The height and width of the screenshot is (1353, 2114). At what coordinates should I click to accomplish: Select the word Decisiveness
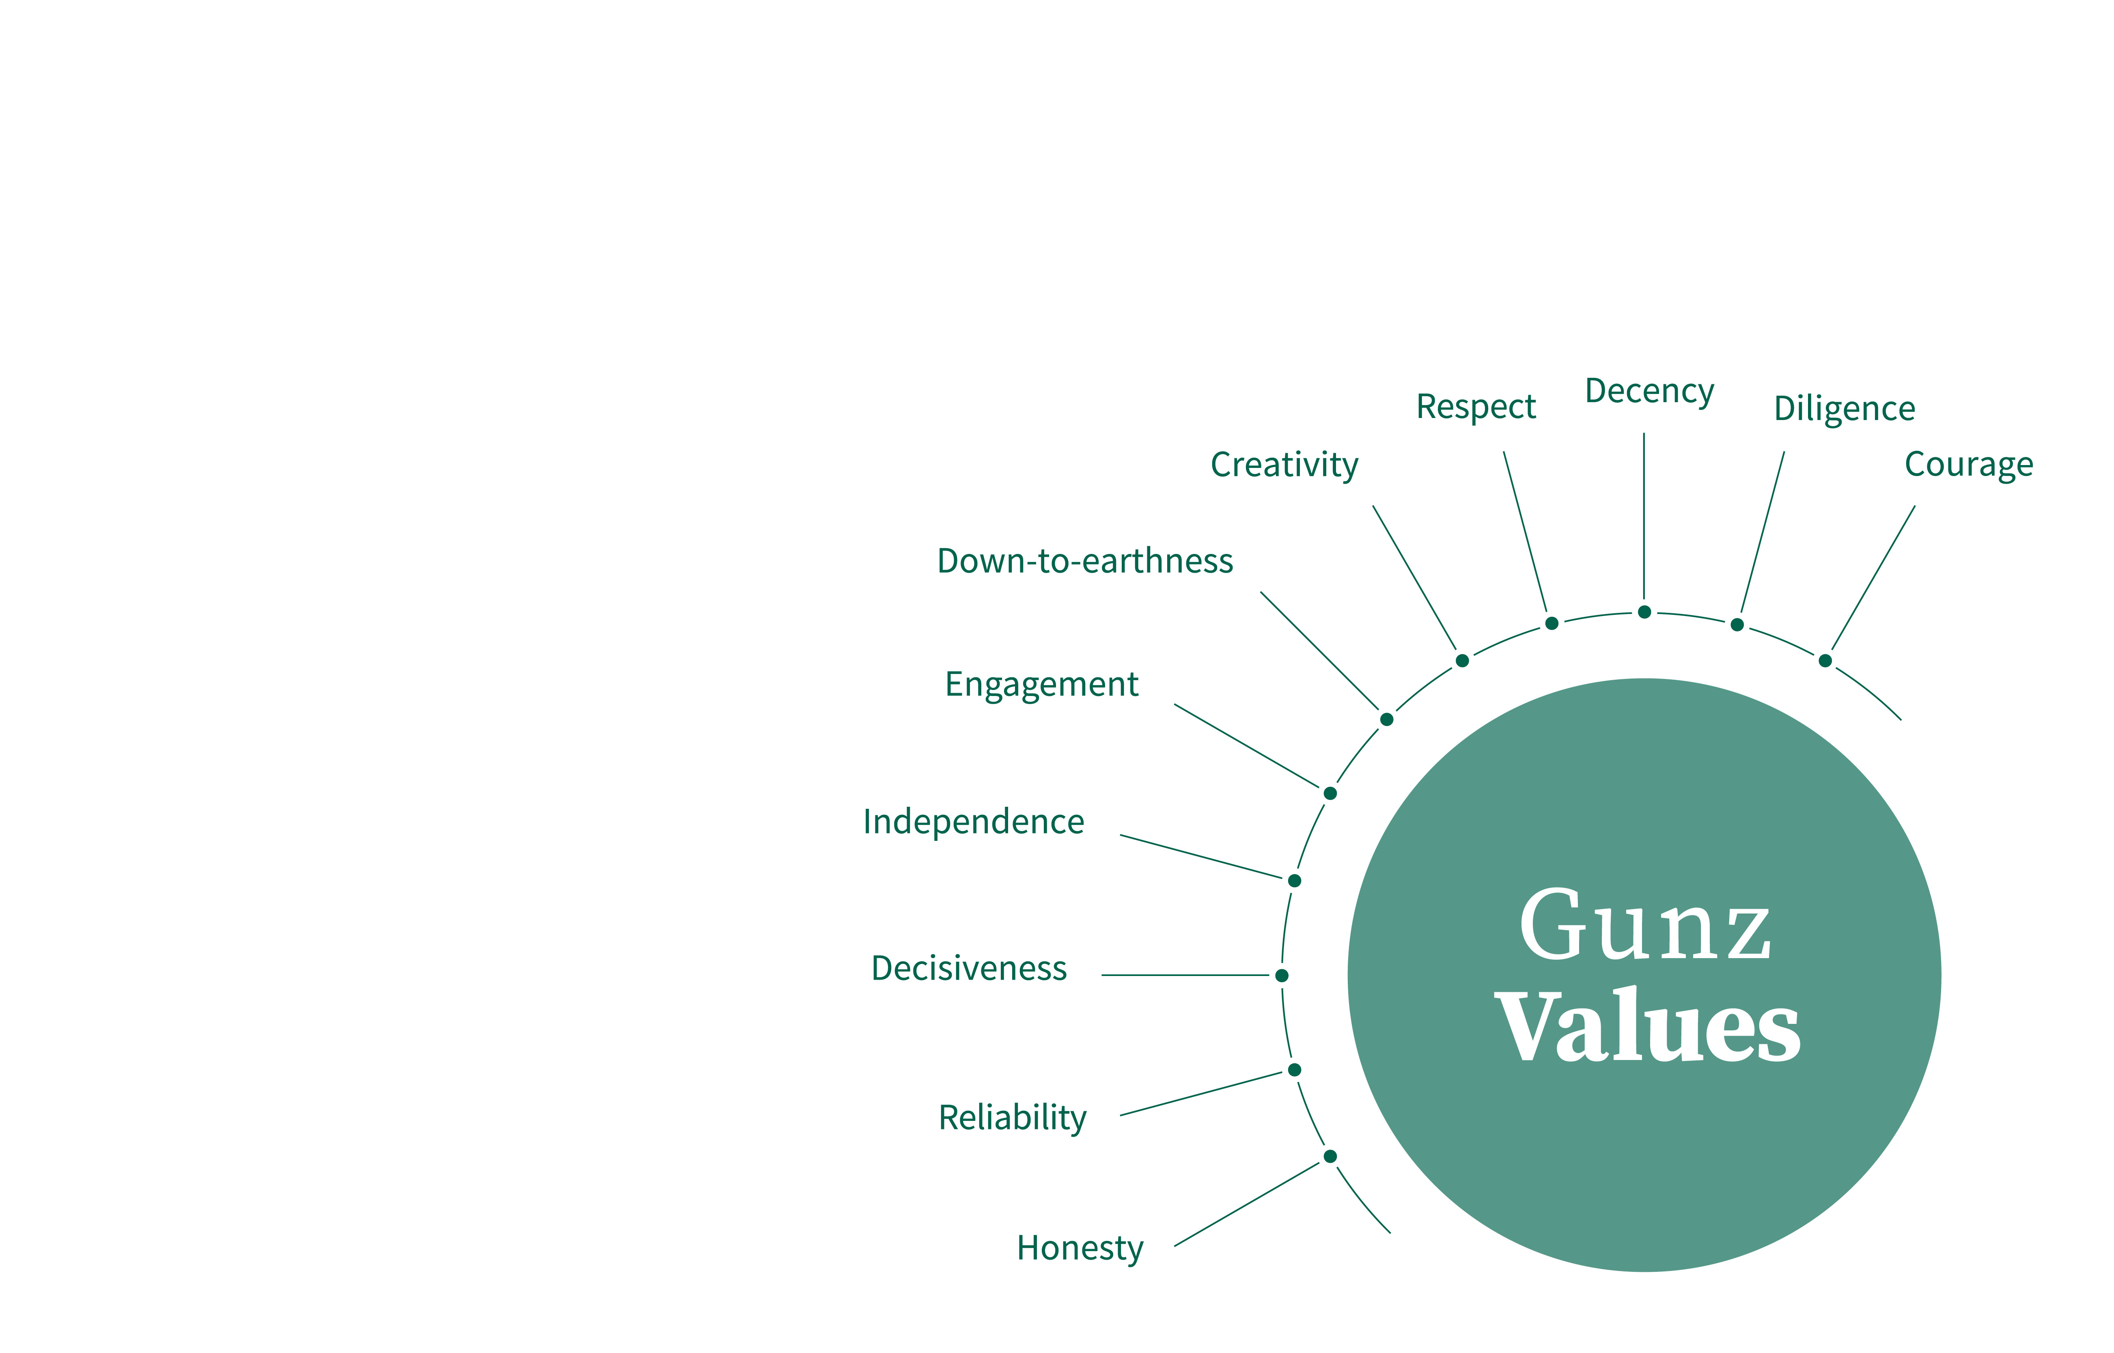pos(968,968)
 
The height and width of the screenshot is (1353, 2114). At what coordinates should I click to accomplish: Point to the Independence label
pos(974,821)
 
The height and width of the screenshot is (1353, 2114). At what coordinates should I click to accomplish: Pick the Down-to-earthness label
pos(1085,560)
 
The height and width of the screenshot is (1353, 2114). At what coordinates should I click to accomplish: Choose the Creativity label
pos(1284,465)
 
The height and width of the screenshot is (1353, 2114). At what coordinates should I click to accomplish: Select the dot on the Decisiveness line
pos(1282,975)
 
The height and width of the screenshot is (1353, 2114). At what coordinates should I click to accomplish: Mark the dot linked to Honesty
pos(1330,1156)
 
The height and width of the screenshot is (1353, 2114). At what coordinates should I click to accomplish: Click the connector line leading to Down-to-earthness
pos(1320,651)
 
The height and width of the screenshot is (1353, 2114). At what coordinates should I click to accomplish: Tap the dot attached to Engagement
pos(1330,793)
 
